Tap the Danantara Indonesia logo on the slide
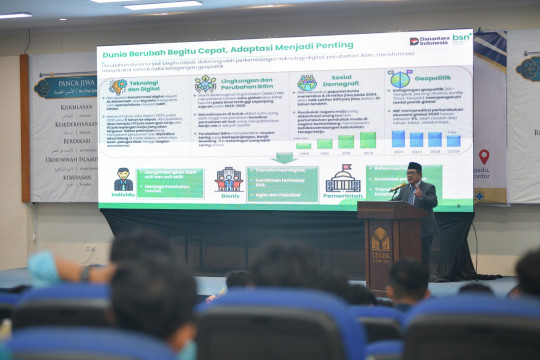[x=429, y=40]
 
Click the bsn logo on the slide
[x=461, y=38]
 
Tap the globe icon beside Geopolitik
[x=400, y=78]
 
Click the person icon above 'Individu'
[x=123, y=180]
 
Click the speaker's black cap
[x=415, y=166]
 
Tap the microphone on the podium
[x=393, y=188]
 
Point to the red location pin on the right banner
[x=484, y=156]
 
